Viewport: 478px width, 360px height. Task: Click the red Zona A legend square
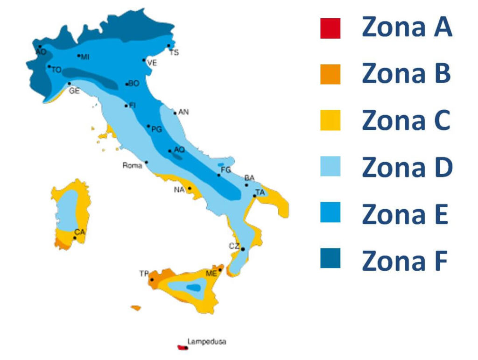[330, 28]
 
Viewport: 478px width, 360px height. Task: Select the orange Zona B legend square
[330, 74]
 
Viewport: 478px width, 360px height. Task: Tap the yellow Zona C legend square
[330, 120]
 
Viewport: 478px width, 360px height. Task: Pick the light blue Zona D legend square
[330, 167]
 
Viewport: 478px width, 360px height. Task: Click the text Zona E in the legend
[405, 214]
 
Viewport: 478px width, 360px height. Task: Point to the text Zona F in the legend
[404, 261]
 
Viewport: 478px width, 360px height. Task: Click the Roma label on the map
[132, 165]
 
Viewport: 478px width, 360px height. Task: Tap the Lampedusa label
[207, 342]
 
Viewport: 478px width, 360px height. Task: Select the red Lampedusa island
[181, 347]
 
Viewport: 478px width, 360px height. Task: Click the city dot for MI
[78, 56]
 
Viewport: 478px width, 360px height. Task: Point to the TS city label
[174, 53]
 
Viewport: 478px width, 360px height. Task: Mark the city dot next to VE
[144, 60]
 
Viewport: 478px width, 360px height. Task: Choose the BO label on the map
[134, 84]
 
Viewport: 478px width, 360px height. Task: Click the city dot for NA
[190, 188]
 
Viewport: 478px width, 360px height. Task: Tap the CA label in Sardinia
[79, 232]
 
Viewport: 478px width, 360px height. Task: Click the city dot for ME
[220, 270]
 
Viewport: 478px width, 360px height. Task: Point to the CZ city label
[234, 246]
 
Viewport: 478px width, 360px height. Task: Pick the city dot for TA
[254, 196]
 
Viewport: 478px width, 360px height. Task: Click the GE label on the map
[74, 91]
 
